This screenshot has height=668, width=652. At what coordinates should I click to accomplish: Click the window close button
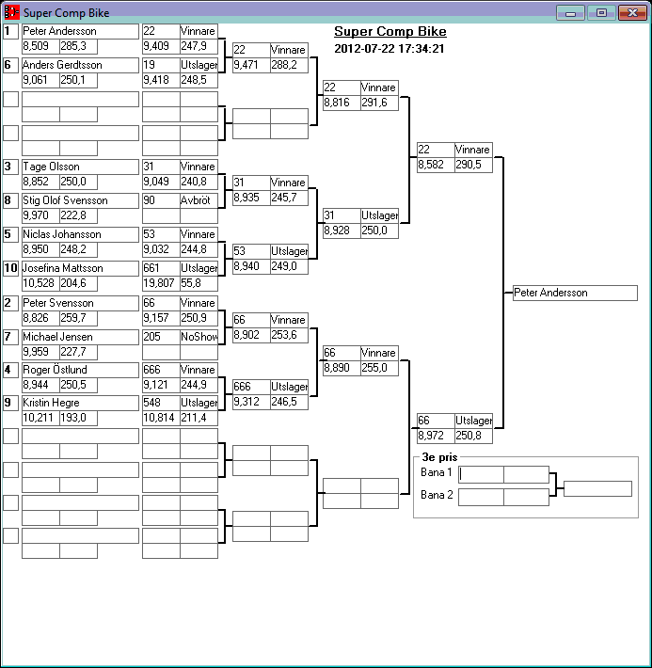click(x=629, y=12)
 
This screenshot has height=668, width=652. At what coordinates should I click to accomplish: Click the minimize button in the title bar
click(x=569, y=12)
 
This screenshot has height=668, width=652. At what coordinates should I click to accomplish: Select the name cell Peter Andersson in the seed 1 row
click(x=80, y=31)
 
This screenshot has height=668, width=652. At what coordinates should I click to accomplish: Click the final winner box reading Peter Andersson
click(x=575, y=293)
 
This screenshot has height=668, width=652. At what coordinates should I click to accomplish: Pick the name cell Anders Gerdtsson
click(x=80, y=65)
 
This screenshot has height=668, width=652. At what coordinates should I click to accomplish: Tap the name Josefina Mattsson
click(x=80, y=268)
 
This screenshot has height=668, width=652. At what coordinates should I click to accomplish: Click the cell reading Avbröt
click(x=198, y=200)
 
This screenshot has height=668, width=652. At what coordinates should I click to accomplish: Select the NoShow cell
click(x=198, y=336)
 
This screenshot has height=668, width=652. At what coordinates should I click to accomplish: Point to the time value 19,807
click(x=160, y=282)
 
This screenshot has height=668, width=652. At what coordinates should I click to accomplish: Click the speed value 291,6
click(x=378, y=103)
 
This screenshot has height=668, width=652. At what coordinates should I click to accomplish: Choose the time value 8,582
click(x=435, y=164)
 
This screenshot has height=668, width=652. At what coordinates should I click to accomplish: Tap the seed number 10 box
click(x=10, y=268)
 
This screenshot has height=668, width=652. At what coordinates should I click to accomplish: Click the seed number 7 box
click(x=10, y=336)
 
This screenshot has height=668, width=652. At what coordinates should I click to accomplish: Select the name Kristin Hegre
click(x=80, y=403)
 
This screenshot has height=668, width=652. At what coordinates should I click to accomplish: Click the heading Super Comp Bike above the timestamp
click(x=390, y=32)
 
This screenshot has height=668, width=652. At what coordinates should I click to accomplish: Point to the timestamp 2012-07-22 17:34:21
click(x=390, y=48)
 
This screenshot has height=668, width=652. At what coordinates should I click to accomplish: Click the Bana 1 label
click(x=436, y=472)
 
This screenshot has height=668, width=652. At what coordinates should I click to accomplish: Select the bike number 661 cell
click(x=160, y=268)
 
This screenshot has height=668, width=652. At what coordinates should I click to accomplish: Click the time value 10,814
click(x=160, y=418)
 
